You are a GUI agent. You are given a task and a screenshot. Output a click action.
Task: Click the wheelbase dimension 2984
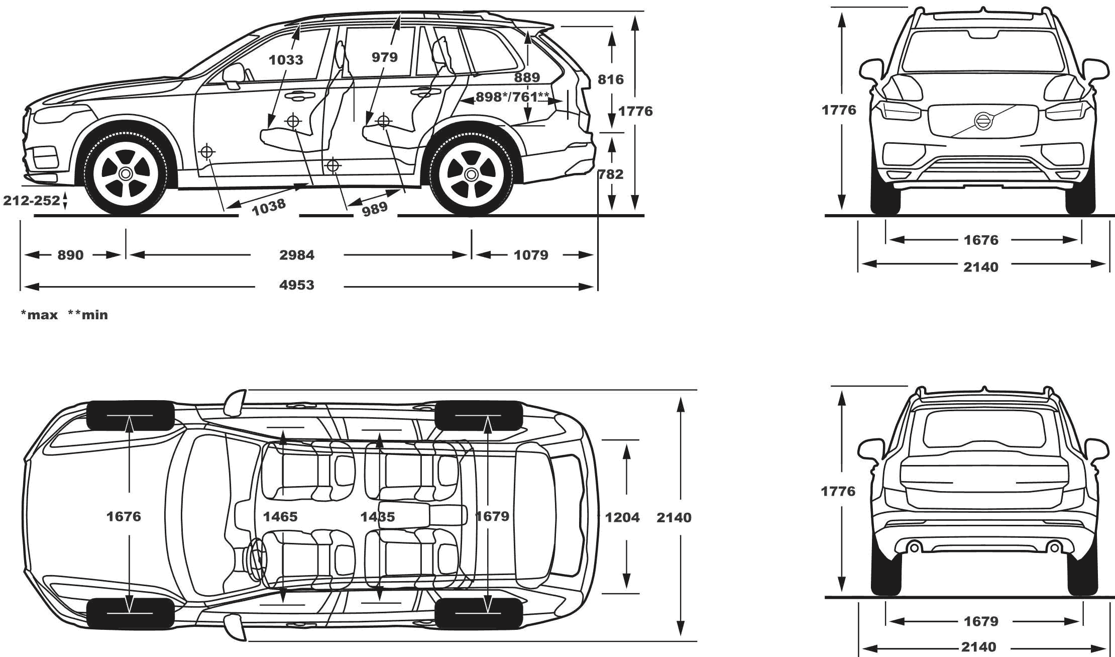pos(297,255)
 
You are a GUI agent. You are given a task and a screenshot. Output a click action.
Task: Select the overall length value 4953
pos(297,286)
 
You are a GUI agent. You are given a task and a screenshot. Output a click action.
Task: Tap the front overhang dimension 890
pos(70,255)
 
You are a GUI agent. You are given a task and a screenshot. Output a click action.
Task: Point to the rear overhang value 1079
pos(531,255)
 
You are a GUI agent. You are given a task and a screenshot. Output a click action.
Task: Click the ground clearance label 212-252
pos(32,201)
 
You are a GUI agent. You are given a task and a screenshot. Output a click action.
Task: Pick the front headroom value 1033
pos(286,60)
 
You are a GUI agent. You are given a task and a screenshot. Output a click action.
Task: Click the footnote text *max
pos(39,315)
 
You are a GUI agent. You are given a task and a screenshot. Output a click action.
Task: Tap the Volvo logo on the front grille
pos(983,121)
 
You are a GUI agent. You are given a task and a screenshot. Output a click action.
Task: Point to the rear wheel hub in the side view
pos(471,174)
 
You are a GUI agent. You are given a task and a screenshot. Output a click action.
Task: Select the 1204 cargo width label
pos(622,517)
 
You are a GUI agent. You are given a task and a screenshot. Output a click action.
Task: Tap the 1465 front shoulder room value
pos(280,517)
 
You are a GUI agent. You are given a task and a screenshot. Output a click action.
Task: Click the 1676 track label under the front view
pos(981,240)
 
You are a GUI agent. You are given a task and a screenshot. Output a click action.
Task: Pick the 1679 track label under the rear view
pos(981,622)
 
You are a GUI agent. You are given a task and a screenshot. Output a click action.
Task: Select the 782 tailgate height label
pos(611,174)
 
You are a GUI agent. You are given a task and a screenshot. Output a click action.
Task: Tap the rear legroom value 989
pos(375,207)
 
